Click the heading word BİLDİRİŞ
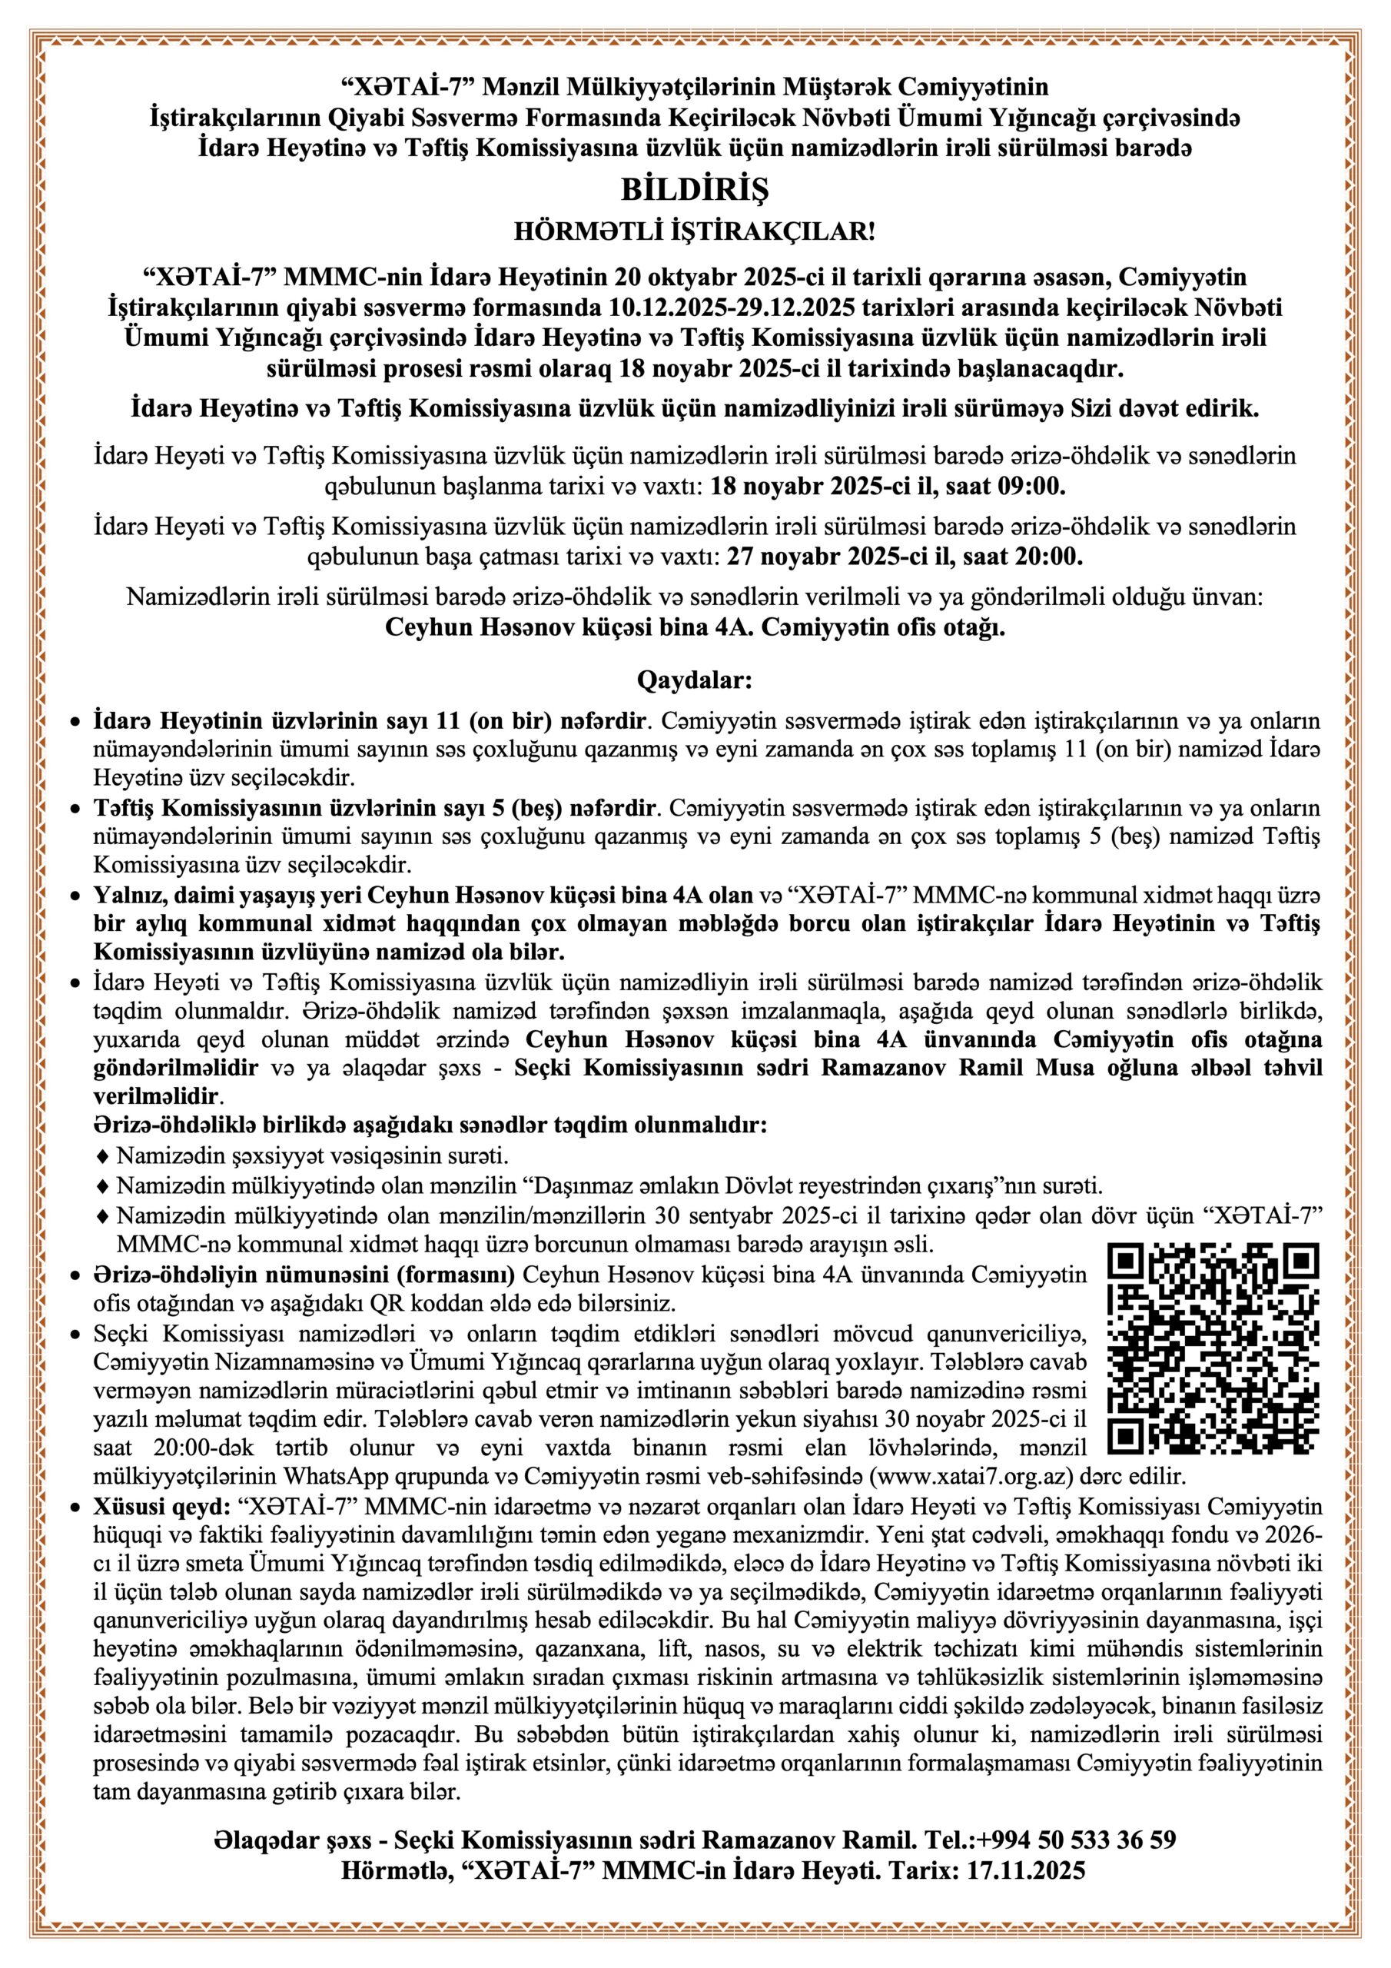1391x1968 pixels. coord(694,189)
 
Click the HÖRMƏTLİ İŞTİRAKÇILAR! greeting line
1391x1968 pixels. coord(694,232)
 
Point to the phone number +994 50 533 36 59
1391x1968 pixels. coord(1076,1840)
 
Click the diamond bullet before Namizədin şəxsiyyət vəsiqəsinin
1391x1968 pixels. coord(104,1155)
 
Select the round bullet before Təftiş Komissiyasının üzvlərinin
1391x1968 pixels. coord(75,808)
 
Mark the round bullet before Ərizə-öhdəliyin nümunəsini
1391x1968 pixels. coord(75,1275)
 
